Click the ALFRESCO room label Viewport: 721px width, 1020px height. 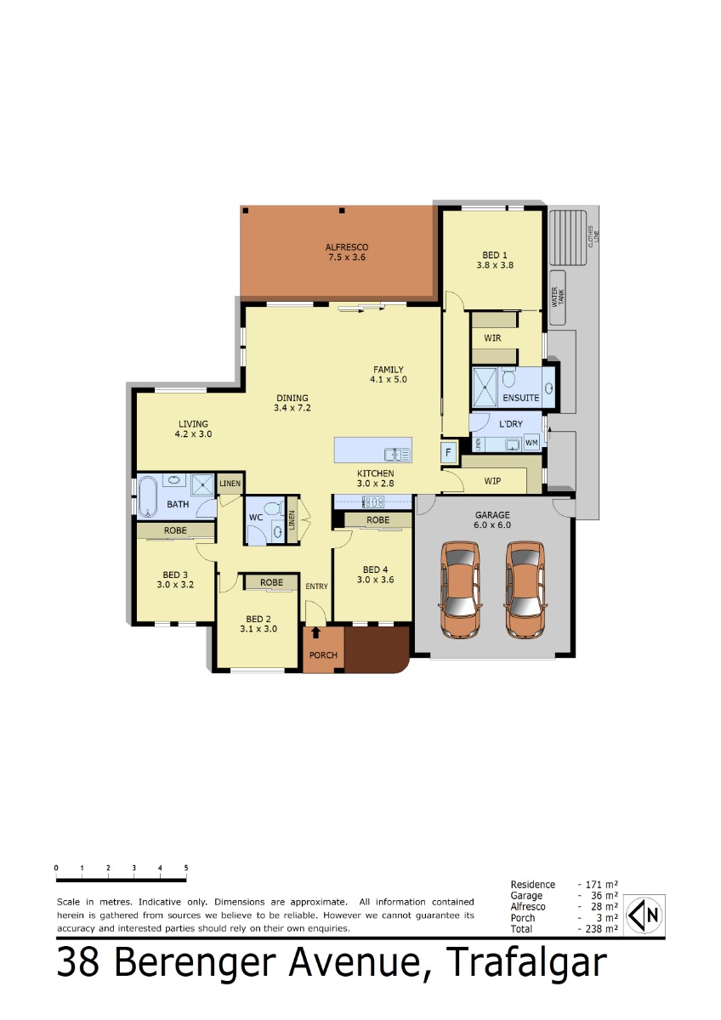pyautogui.click(x=347, y=247)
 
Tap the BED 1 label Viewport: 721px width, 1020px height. pyautogui.click(x=495, y=255)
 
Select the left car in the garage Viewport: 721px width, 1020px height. pyautogui.click(x=460, y=589)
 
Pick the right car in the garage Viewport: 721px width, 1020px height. pyautogui.click(x=525, y=589)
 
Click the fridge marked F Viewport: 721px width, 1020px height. pyautogui.click(x=449, y=452)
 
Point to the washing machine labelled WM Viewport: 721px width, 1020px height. pyautogui.click(x=531, y=442)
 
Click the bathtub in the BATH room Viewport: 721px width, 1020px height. pyautogui.click(x=148, y=496)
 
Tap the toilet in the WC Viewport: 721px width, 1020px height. pyautogui.click(x=272, y=508)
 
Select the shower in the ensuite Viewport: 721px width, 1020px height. pyautogui.click(x=485, y=387)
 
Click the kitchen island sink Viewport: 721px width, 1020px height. pyautogui.click(x=398, y=455)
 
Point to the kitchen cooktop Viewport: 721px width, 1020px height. pyautogui.click(x=373, y=502)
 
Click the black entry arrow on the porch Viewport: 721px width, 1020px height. pyautogui.click(x=315, y=632)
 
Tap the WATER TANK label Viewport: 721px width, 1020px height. pyautogui.click(x=558, y=297)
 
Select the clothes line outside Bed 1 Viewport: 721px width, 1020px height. pyautogui.click(x=567, y=237)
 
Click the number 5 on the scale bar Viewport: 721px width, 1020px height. pyautogui.click(x=186, y=868)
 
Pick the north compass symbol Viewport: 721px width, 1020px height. pyautogui.click(x=644, y=915)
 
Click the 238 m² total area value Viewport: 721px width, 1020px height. pyautogui.click(x=601, y=928)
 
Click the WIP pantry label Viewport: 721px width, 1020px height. pyautogui.click(x=492, y=481)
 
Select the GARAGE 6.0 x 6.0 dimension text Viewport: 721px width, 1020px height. pyautogui.click(x=492, y=524)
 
